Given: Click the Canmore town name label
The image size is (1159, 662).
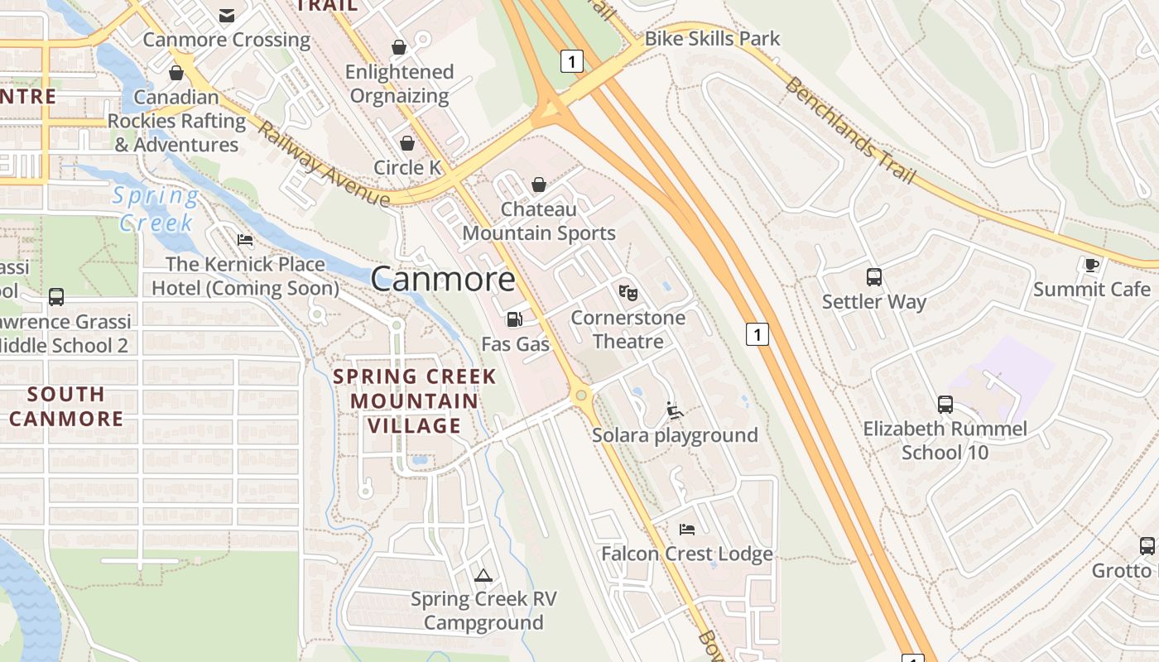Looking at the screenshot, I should [x=443, y=279].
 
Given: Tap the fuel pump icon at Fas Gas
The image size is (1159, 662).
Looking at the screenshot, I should [x=514, y=319].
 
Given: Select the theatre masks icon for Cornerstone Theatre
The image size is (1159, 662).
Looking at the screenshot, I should [x=628, y=292].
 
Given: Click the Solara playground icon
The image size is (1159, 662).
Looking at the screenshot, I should [x=675, y=410].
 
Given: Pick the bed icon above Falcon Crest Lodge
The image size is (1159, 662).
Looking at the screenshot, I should [x=686, y=529].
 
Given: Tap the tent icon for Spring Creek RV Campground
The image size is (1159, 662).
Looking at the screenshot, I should [x=483, y=574].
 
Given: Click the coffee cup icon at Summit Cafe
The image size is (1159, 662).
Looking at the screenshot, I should [x=1091, y=265].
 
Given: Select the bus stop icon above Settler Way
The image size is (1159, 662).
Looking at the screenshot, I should [x=874, y=277].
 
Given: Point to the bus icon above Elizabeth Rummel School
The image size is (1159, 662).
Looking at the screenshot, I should [x=945, y=404].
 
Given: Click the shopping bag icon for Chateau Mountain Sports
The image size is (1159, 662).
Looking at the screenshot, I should [x=539, y=185].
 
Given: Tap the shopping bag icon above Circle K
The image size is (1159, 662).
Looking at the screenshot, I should [x=407, y=143].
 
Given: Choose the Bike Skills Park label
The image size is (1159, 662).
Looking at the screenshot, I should [x=712, y=38].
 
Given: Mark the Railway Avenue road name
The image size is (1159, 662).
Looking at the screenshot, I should [x=323, y=164].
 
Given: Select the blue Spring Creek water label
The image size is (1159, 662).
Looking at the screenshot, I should [x=156, y=209].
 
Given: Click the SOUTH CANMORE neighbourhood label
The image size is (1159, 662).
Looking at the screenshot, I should [x=66, y=405].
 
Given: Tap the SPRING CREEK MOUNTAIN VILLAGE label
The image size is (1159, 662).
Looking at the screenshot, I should [x=414, y=401].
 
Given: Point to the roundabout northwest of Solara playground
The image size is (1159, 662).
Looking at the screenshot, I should [x=582, y=396].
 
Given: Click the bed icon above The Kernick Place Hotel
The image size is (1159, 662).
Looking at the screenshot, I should [x=245, y=240].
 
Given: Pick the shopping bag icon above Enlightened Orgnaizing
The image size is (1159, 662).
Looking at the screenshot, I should [x=399, y=47].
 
